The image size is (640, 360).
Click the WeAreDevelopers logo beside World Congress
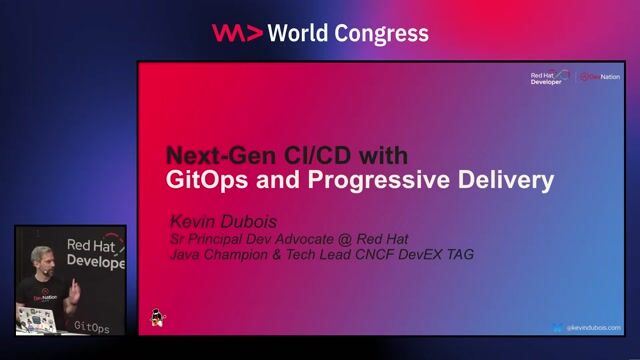tap(238, 33)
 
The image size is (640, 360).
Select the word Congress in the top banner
tap(385, 33)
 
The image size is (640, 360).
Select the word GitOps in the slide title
tap(206, 181)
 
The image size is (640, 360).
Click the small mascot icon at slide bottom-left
tap(157, 317)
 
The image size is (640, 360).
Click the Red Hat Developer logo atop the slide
tap(548, 77)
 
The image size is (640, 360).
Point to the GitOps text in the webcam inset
tap(93, 326)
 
